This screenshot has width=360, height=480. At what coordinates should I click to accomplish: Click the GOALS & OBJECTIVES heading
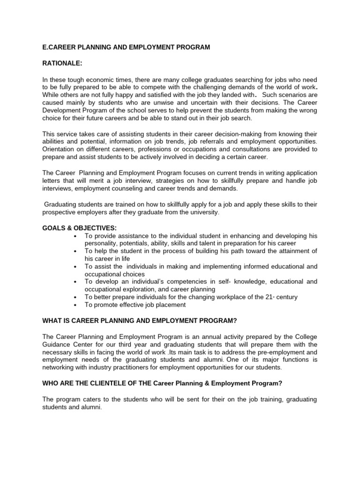click(79, 228)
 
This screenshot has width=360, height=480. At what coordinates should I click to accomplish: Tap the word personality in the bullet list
click(100, 243)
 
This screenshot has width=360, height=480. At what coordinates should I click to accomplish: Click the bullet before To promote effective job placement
click(75, 305)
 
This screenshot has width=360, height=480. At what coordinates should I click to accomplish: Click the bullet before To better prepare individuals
click(75, 297)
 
